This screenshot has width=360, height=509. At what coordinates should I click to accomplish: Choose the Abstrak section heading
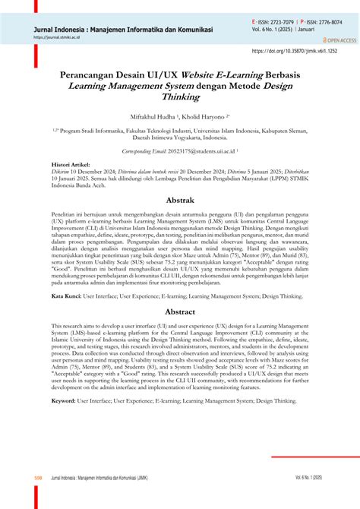(180, 201)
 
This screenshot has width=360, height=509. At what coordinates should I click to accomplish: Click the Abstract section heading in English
(180, 311)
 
